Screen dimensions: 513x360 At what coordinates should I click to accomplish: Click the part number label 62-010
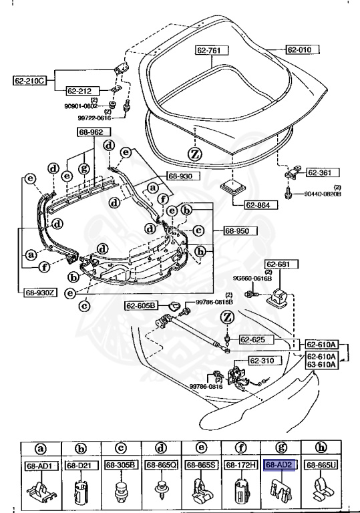(x=303, y=49)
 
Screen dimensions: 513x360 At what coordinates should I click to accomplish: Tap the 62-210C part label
(x=29, y=81)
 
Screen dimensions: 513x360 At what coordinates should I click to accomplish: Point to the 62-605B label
(x=141, y=305)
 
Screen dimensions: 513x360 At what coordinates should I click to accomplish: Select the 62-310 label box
(x=263, y=361)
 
